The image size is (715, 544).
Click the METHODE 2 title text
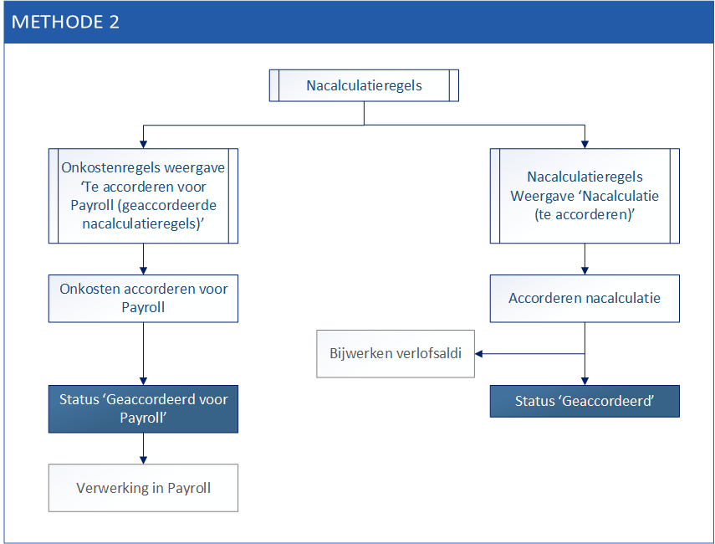[x=65, y=22]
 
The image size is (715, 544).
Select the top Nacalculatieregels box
[x=364, y=85]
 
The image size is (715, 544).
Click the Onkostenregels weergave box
[x=143, y=196]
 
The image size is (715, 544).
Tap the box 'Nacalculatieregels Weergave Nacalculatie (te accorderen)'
[x=585, y=196]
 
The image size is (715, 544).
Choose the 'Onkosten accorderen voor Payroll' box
[x=143, y=299]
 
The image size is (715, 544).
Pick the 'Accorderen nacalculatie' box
[x=585, y=299]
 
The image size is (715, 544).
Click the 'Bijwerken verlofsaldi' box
[x=396, y=354]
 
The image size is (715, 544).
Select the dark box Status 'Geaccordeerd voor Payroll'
[x=143, y=409]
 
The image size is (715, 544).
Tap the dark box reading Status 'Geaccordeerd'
[x=585, y=401]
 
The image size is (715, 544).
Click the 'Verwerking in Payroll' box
[x=143, y=488]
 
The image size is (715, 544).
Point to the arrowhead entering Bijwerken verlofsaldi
[x=478, y=354]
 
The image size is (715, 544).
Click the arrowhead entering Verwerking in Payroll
[x=143, y=460]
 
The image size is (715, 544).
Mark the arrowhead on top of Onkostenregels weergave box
[x=143, y=145]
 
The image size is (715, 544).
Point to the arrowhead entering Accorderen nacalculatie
[x=585, y=271]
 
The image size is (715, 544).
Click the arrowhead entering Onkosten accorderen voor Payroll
[x=143, y=271]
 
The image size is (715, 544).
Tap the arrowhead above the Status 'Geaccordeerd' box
[x=585, y=382]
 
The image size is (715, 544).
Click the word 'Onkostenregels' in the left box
[x=111, y=167]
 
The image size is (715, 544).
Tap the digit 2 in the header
[x=114, y=22]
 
